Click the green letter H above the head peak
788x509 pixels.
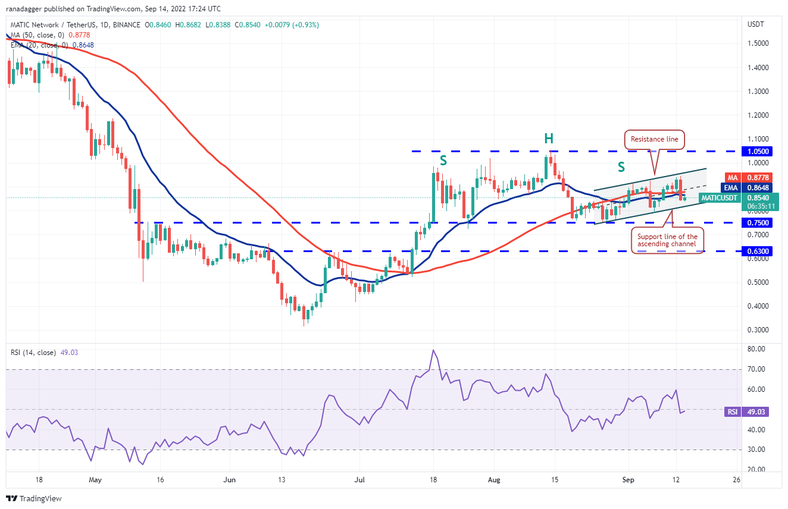(548, 139)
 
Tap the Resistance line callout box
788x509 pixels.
(654, 139)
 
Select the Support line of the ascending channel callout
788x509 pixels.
(667, 241)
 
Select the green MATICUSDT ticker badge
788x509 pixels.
(719, 197)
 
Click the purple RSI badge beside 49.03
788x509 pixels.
(731, 411)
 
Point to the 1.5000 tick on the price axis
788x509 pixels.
(758, 43)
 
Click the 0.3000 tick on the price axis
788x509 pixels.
(758, 330)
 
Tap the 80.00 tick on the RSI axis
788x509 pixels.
(756, 349)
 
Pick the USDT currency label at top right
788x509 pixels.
(756, 24)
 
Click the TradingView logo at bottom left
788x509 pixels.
(34, 498)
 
